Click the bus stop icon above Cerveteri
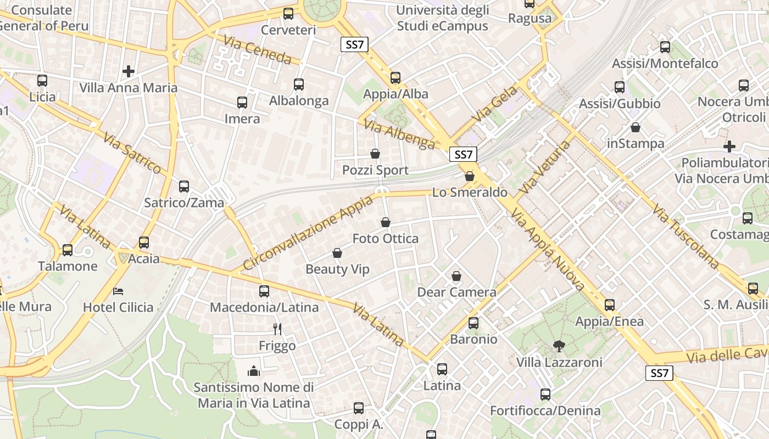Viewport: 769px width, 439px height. click(288, 14)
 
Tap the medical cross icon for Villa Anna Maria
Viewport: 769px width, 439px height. click(129, 71)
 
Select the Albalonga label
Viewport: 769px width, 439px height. click(299, 100)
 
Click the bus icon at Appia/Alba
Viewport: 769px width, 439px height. click(395, 78)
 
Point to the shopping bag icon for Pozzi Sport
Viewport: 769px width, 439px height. click(375, 154)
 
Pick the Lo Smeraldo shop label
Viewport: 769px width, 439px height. click(470, 192)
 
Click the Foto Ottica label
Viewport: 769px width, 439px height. click(385, 239)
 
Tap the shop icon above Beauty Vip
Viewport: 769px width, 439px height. click(337, 253)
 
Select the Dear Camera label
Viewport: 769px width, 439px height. click(456, 292)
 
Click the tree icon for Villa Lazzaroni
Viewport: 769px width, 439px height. click(559, 346)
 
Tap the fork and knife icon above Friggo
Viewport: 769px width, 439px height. click(277, 329)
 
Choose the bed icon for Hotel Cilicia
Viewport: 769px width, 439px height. click(118, 291)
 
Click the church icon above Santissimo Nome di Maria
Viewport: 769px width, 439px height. click(254, 372)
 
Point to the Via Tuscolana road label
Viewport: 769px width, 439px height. click(686, 237)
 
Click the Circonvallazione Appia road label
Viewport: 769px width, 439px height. click(308, 233)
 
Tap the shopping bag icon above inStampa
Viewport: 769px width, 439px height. click(636, 127)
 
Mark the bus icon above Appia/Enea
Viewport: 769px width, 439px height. click(609, 305)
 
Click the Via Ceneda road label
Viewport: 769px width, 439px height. click(257, 50)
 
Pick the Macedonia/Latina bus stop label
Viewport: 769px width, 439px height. click(264, 307)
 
